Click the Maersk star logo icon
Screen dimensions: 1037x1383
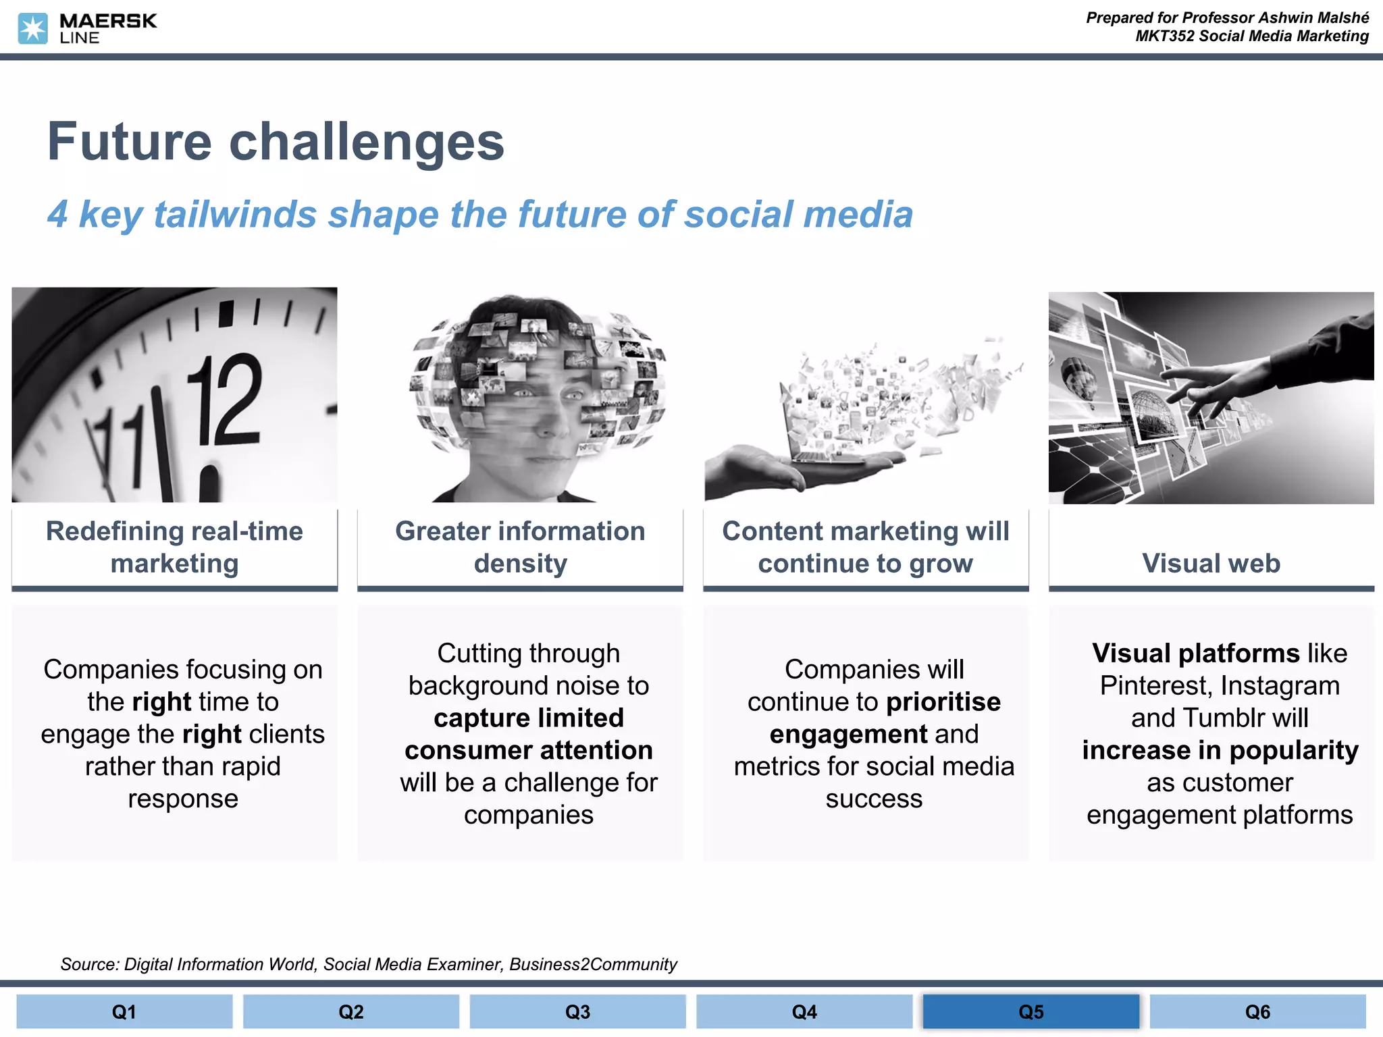(32, 29)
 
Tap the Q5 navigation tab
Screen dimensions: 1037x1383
(1030, 1011)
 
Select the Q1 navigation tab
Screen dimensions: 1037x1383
(124, 1011)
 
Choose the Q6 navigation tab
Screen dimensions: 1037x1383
(1257, 1011)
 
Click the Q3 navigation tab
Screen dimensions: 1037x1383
(577, 1011)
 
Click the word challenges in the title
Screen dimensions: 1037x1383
(367, 142)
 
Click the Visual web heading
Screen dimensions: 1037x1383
(1211, 563)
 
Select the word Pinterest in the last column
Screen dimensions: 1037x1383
(1157, 685)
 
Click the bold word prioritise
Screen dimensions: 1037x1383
(943, 701)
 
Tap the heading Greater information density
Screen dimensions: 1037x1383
(520, 547)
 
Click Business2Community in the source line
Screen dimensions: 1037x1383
(593, 964)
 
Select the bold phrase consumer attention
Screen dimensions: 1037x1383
(528, 750)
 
